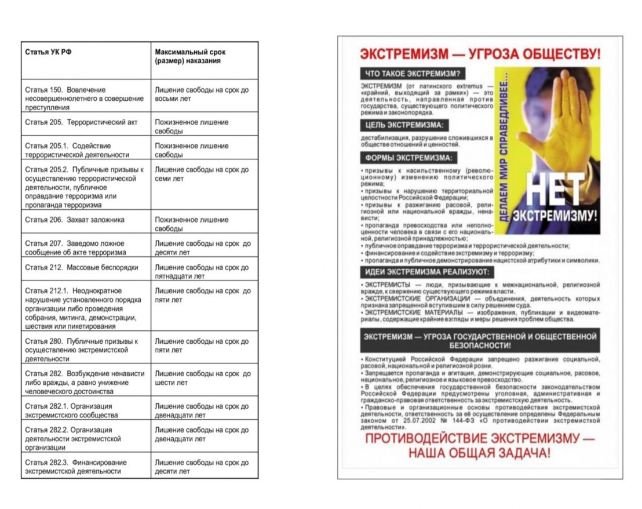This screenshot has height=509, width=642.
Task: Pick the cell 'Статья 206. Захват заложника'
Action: (x=75, y=220)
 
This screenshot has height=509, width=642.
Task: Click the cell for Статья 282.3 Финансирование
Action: (x=76, y=467)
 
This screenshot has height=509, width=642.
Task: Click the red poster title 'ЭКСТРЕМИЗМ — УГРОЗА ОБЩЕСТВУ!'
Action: (x=480, y=54)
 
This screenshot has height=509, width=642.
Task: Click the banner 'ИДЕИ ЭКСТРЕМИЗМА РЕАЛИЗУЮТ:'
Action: (x=427, y=272)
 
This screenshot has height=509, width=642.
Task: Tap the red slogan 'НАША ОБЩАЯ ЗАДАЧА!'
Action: (x=479, y=453)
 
